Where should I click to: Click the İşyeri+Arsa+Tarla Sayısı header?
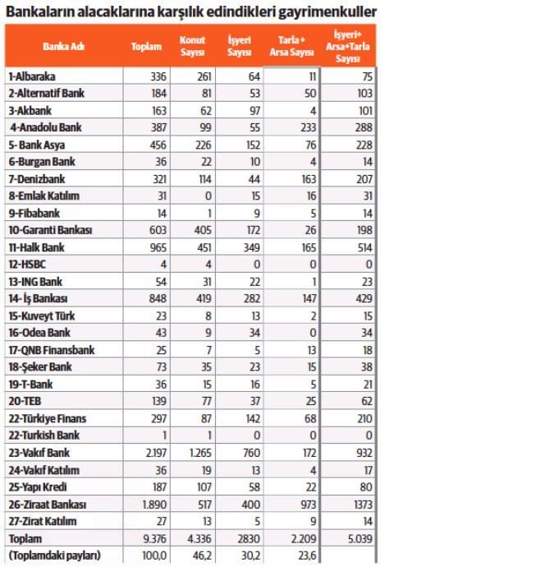pos(347,46)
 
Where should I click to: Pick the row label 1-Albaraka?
pos(32,76)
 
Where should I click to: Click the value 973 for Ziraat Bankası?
pos(304,503)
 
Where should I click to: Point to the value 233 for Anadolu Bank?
pos(304,127)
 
